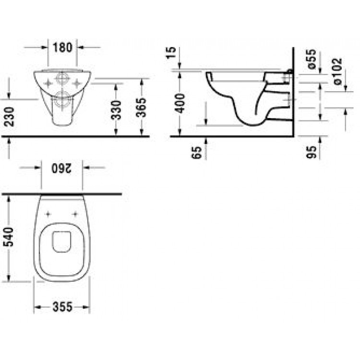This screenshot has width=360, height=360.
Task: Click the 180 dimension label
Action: coord(63,47)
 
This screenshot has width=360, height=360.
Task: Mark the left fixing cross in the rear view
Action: coord(48,81)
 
